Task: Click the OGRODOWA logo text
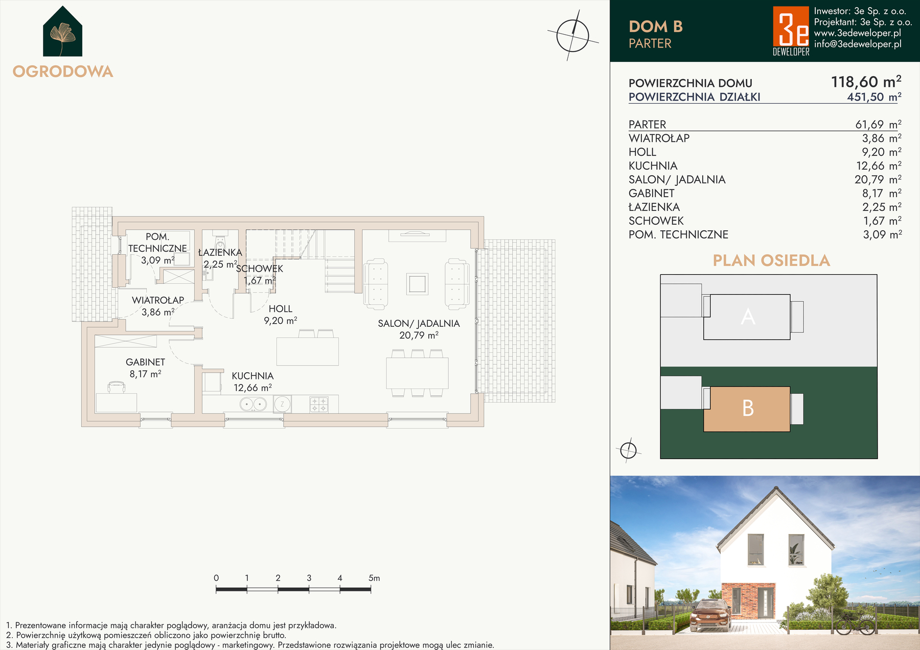(x=63, y=71)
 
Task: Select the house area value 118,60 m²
(x=866, y=82)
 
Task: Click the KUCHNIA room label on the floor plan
(x=252, y=376)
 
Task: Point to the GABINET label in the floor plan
(x=145, y=362)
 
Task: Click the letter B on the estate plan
(x=748, y=408)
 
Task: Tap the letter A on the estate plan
(x=748, y=317)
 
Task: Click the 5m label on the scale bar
(x=374, y=578)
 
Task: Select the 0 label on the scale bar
(x=216, y=578)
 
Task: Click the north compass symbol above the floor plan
(x=572, y=35)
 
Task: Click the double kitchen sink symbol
(x=253, y=404)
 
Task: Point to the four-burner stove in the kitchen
(x=319, y=404)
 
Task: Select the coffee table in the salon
(x=417, y=284)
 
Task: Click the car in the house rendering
(x=710, y=615)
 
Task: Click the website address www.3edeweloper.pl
(x=858, y=33)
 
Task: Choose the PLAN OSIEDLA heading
(x=771, y=260)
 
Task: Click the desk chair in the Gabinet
(x=117, y=388)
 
